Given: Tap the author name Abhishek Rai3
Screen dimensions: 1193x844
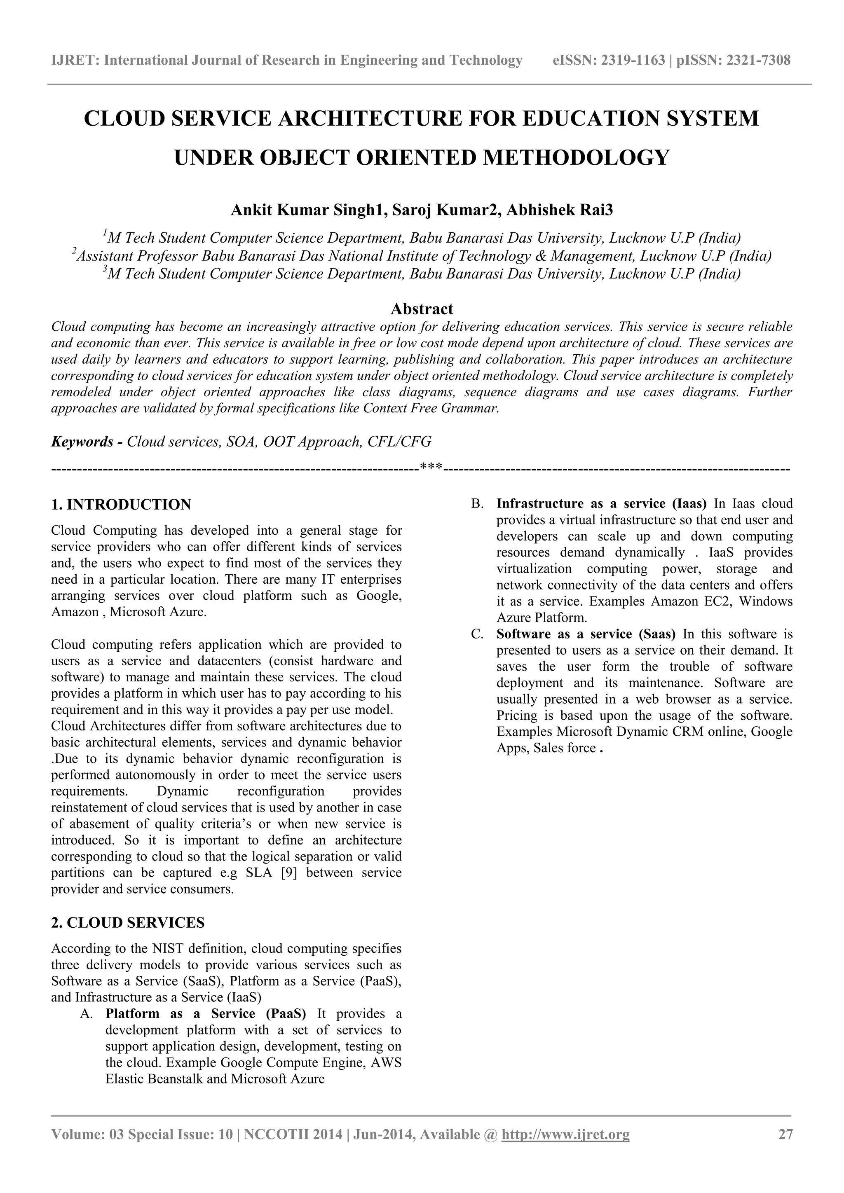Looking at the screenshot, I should point(560,210).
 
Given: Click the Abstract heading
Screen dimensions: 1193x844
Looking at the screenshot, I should point(422,309).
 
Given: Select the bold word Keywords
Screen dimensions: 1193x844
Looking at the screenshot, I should point(82,442).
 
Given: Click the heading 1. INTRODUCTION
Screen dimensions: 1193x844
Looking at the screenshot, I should point(121,505).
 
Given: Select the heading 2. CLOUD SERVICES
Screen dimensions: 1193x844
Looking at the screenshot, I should point(128,923).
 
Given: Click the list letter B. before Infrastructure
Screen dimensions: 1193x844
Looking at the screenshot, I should point(477,503).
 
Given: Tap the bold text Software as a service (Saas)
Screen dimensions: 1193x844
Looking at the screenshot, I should point(586,634).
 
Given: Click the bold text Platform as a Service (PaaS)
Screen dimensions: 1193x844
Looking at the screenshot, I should point(206,1014).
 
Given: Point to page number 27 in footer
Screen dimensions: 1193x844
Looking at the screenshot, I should point(785,1149).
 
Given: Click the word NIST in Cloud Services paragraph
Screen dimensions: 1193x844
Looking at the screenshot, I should point(165,949).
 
